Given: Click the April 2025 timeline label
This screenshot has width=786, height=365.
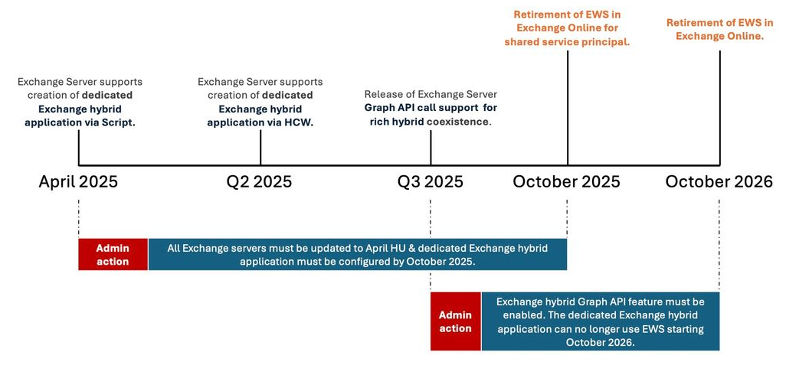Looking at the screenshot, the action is (x=78, y=181).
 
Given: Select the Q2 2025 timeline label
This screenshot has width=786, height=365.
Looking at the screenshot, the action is (x=259, y=182).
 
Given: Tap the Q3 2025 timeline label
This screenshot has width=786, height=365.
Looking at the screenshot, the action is (x=431, y=182).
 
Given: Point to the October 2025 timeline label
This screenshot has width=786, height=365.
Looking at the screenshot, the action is (x=566, y=181).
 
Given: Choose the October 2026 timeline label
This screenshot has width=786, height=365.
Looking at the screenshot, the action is (x=719, y=181).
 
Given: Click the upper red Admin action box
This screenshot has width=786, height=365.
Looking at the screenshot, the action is (x=113, y=254).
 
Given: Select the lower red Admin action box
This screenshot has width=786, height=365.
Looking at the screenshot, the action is (x=456, y=321).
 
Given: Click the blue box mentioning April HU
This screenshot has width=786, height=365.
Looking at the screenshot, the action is (x=358, y=254).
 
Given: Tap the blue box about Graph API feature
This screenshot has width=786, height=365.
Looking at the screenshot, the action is (x=601, y=321).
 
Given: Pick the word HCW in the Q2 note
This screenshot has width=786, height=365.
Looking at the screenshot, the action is (x=300, y=122).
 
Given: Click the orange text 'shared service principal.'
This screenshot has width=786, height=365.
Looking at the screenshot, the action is (x=567, y=42).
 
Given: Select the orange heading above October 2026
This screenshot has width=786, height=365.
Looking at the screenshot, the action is (x=719, y=29).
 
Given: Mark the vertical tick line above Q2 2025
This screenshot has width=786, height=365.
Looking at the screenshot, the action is (x=260, y=147).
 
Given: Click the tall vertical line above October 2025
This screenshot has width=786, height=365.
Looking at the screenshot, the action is (x=568, y=107).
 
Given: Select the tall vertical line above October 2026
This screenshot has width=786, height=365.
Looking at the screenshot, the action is (x=720, y=107).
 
